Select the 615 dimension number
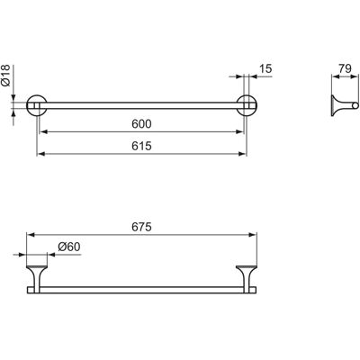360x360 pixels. point(141,146)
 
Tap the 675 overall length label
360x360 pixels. point(141,227)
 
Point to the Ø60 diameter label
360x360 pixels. point(69,247)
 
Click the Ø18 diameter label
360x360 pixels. point(6,76)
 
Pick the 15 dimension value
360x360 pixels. point(265,69)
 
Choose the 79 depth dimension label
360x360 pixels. point(345,68)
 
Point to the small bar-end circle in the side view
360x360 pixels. point(355,105)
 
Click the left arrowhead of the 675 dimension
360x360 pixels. point(30,235)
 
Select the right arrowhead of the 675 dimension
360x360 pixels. point(254,235)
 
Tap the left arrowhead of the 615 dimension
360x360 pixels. point(40,154)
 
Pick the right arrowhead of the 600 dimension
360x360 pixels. point(239,131)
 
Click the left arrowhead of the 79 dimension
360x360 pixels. point(335,76)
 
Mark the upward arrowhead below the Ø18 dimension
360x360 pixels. point(13,112)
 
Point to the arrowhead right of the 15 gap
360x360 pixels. point(253,76)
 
